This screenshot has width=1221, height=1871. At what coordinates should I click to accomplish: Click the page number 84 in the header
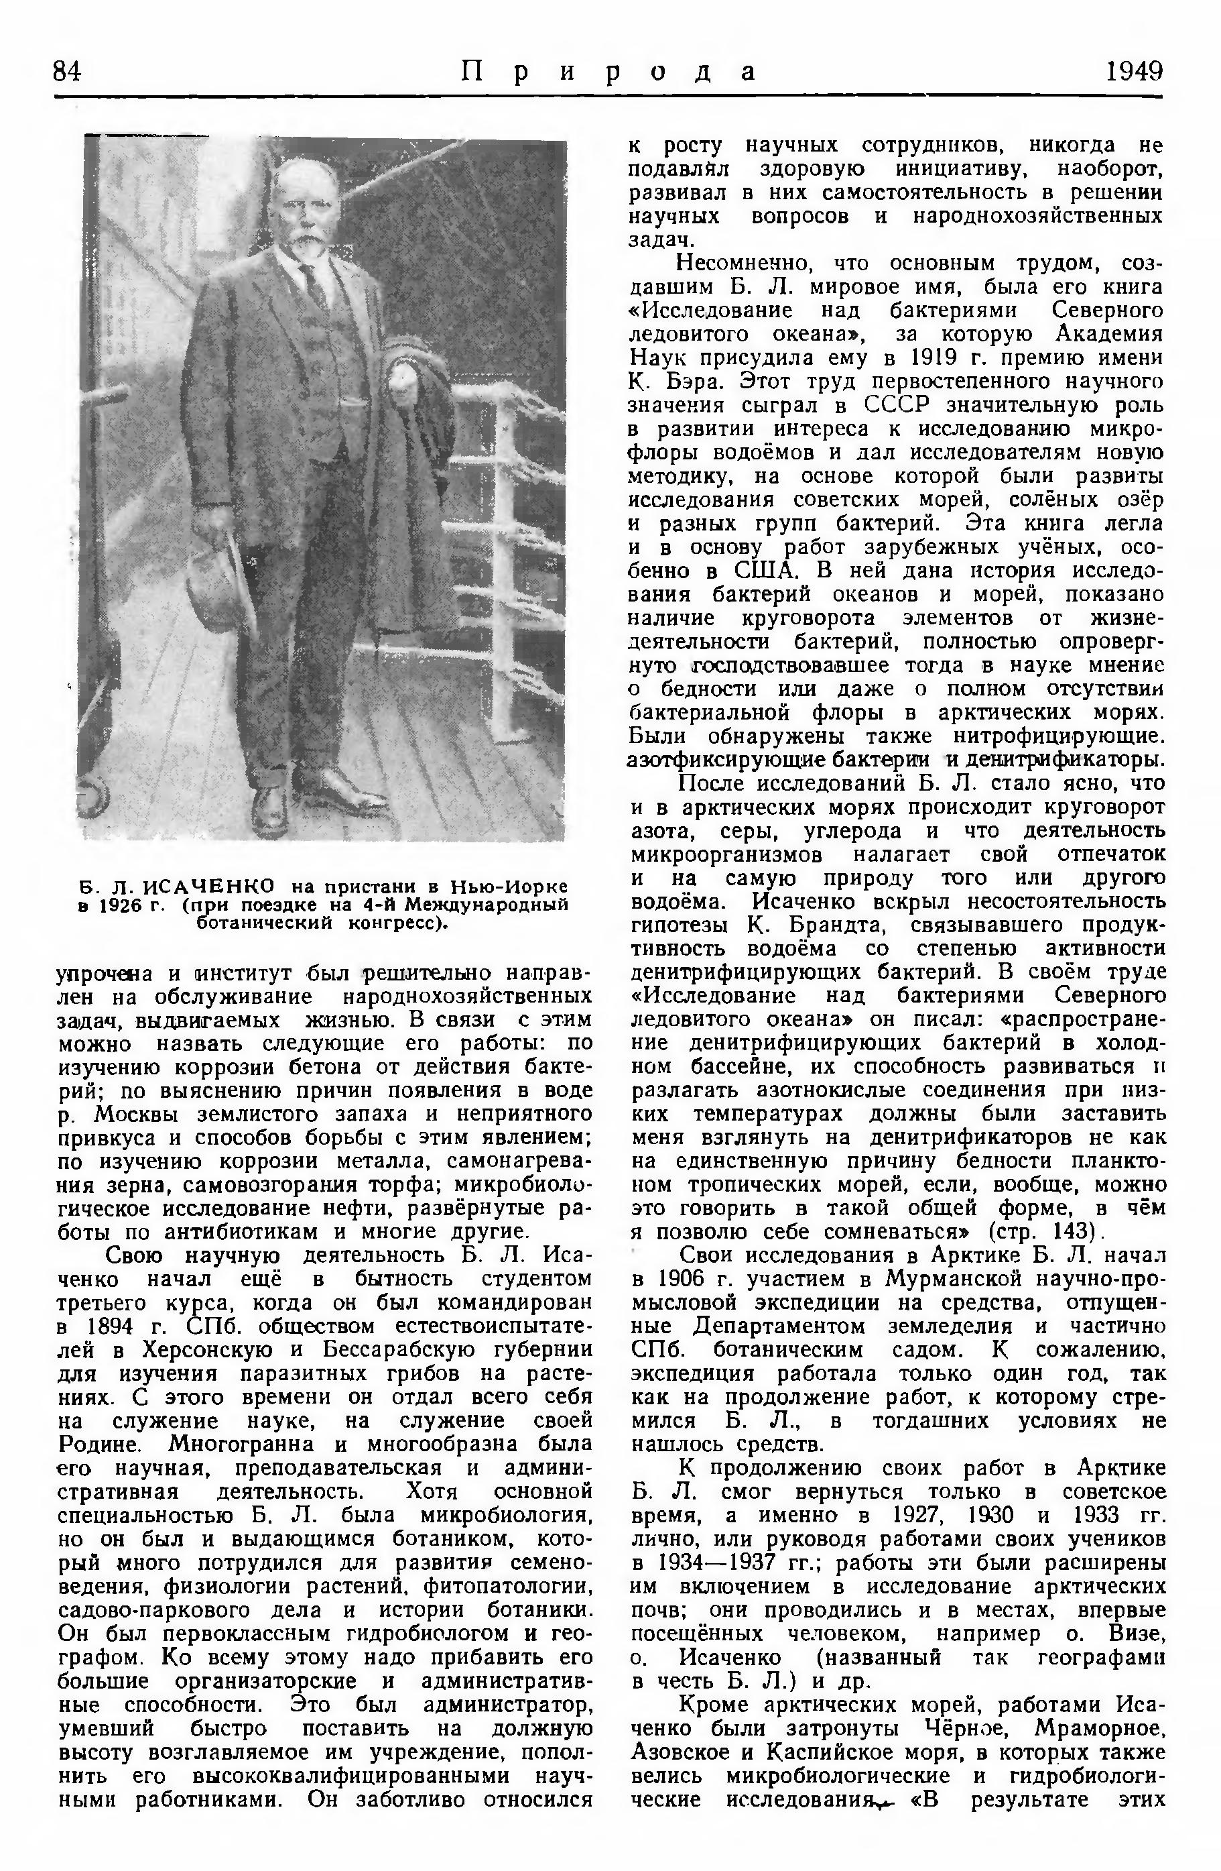tap(68, 72)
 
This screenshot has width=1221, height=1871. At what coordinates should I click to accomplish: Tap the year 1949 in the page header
tap(1133, 72)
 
